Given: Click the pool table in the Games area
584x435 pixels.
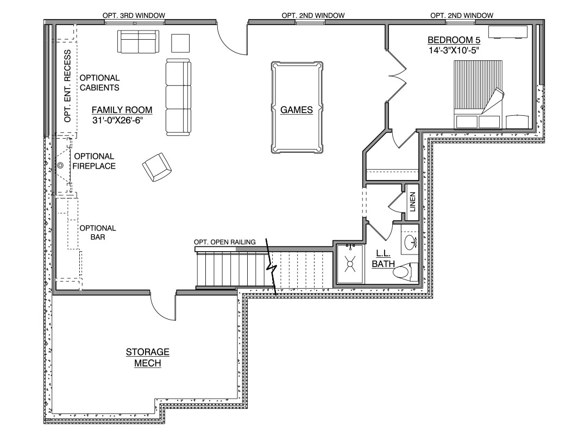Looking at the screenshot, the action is (x=297, y=107).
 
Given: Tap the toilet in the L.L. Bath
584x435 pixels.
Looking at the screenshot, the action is (x=405, y=272).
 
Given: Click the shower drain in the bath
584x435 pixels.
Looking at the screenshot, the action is (x=350, y=264).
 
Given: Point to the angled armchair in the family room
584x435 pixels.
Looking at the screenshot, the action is (x=157, y=167).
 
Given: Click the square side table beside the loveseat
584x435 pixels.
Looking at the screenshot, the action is (x=180, y=43).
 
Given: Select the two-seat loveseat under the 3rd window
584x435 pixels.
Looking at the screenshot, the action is (x=139, y=42).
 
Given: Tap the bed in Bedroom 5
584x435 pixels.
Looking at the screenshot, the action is (x=478, y=95).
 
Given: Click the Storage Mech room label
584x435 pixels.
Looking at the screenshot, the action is (x=147, y=357).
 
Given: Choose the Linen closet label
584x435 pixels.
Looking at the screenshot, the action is (x=412, y=202).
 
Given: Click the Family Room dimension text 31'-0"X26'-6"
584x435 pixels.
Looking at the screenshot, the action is (x=118, y=120).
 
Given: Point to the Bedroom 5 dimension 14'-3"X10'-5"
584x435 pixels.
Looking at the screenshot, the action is (x=453, y=51).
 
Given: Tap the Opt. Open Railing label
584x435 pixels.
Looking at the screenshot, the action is (x=224, y=242).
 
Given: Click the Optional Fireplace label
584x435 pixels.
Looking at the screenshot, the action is (x=94, y=161).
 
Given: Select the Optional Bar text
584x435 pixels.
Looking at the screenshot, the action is (x=98, y=232).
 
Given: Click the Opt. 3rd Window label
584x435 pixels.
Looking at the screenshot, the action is (x=134, y=15).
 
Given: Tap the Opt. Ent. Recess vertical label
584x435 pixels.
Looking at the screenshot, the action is (x=67, y=86).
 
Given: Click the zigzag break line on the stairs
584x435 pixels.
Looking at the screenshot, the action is (x=271, y=267).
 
